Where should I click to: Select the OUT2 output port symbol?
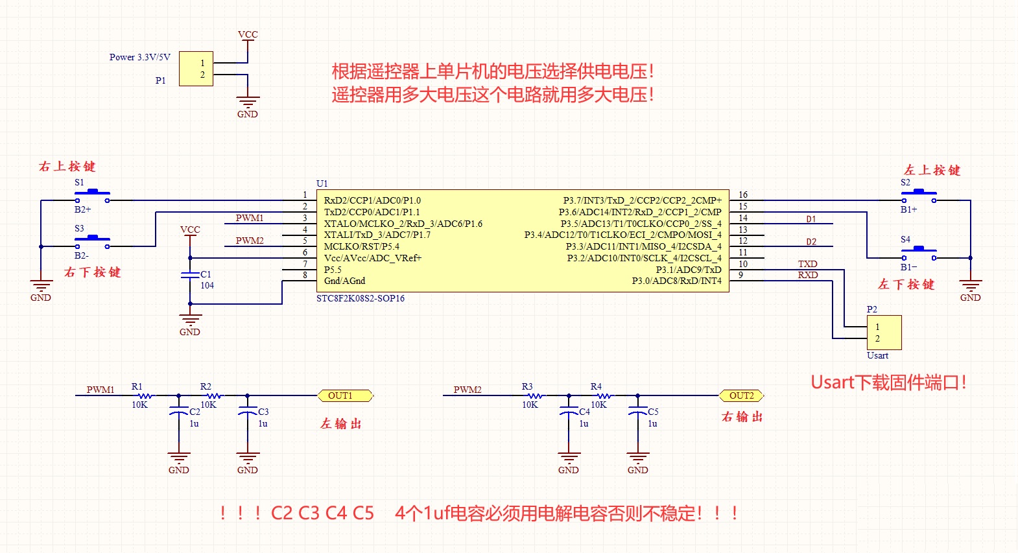tap(741, 395)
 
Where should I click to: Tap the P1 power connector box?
tap(196, 69)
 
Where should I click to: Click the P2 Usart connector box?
tap(884, 333)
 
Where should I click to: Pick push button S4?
tap(918, 252)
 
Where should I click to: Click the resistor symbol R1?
tap(145, 395)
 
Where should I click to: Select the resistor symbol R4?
tap(604, 395)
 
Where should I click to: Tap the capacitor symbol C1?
tap(190, 275)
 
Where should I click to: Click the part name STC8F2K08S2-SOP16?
tap(360, 299)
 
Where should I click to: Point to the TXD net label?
tap(807, 264)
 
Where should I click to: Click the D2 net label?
tap(811, 242)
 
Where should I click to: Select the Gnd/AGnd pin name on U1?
tap(344, 281)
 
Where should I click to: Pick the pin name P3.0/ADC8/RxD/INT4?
tap(676, 281)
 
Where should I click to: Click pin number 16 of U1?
tap(743, 194)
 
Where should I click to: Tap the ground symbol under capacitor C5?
tap(637, 458)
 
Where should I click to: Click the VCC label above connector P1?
tap(248, 34)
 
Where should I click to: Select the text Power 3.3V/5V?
tap(139, 57)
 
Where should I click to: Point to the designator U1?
tap(322, 183)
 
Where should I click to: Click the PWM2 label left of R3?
tap(467, 390)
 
